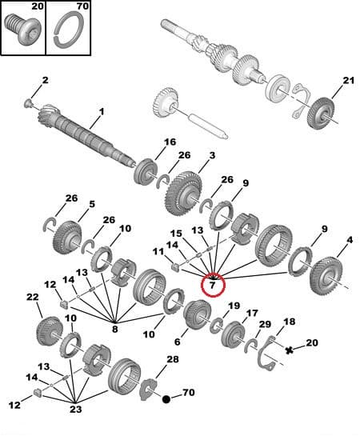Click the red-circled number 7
214,283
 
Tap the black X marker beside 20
289,350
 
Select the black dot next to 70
166,398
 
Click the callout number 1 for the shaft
102,111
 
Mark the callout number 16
170,142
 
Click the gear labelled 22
49,329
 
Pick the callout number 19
234,306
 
